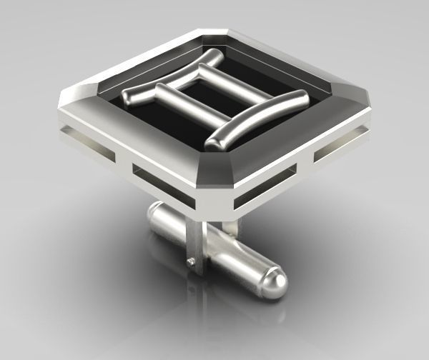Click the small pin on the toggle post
point(189,263)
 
